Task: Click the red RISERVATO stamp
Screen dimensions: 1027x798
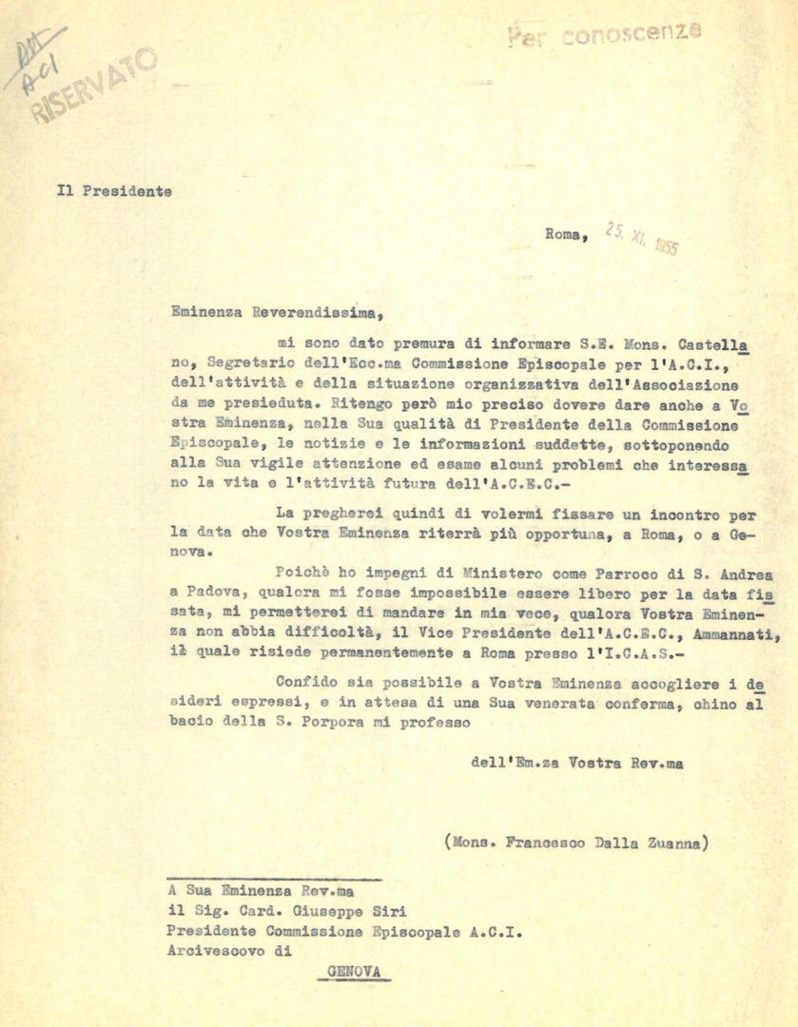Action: click(95, 86)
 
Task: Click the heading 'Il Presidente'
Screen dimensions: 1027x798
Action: click(113, 190)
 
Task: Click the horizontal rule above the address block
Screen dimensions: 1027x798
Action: click(273, 880)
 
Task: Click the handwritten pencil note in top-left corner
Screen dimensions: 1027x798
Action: click(38, 62)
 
